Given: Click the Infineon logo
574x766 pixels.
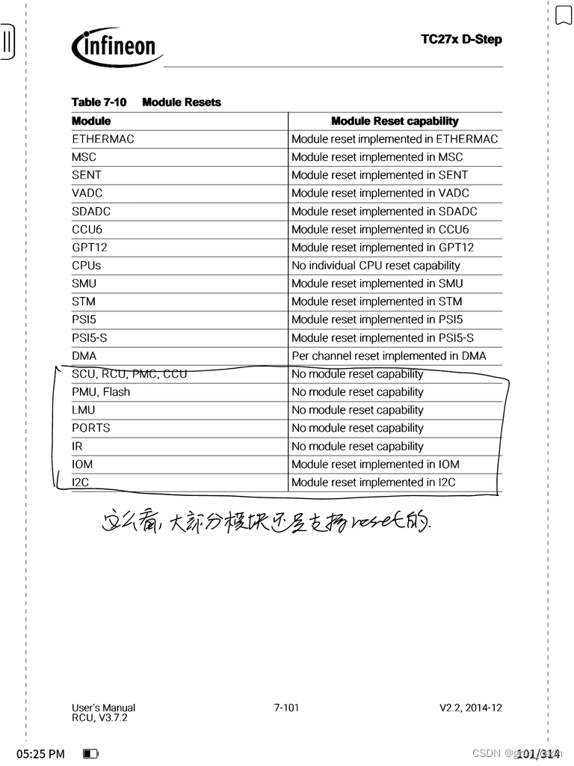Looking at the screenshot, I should click(117, 48).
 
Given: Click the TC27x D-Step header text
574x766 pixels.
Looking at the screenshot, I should click(461, 39).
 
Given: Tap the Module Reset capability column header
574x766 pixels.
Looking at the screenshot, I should click(395, 121).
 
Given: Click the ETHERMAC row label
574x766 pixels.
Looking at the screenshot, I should click(103, 139).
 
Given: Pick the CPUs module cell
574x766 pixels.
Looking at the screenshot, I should click(87, 266).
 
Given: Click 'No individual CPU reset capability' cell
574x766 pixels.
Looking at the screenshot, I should click(375, 266).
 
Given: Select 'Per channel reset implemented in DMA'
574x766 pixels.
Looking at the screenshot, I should click(388, 356).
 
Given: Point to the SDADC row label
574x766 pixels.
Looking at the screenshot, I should click(91, 212).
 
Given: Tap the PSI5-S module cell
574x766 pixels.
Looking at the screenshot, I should click(90, 338).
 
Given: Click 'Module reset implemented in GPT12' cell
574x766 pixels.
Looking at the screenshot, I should click(382, 248).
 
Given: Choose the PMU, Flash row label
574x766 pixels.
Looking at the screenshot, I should click(101, 392).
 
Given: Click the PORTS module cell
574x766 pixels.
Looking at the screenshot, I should click(91, 428).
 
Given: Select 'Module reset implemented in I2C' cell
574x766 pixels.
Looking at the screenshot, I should click(373, 482).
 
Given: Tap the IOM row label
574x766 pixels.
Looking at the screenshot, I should click(82, 465).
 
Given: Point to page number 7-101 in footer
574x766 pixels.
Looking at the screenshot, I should click(286, 708).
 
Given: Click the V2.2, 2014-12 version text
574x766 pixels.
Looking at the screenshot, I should click(470, 708).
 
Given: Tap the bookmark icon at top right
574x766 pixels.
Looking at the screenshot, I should click(564, 15).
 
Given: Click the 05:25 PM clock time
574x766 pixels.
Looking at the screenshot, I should click(40, 754).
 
